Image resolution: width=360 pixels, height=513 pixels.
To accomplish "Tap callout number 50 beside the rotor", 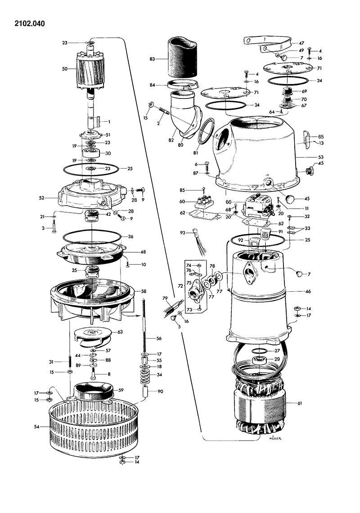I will pyautogui.click(x=65, y=69).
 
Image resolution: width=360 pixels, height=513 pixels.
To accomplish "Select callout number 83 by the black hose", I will pyautogui.click(x=153, y=59).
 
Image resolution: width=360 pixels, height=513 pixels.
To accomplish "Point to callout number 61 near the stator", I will pyautogui.click(x=299, y=403).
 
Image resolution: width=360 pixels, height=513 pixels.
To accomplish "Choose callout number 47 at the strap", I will pyautogui.click(x=301, y=43).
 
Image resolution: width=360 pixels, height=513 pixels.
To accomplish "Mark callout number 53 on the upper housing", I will pyautogui.click(x=308, y=157).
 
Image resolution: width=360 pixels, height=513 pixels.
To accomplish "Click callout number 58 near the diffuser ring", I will pyautogui.click(x=144, y=291).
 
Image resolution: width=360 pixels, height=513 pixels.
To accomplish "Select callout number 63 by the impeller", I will pyautogui.click(x=120, y=332).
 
